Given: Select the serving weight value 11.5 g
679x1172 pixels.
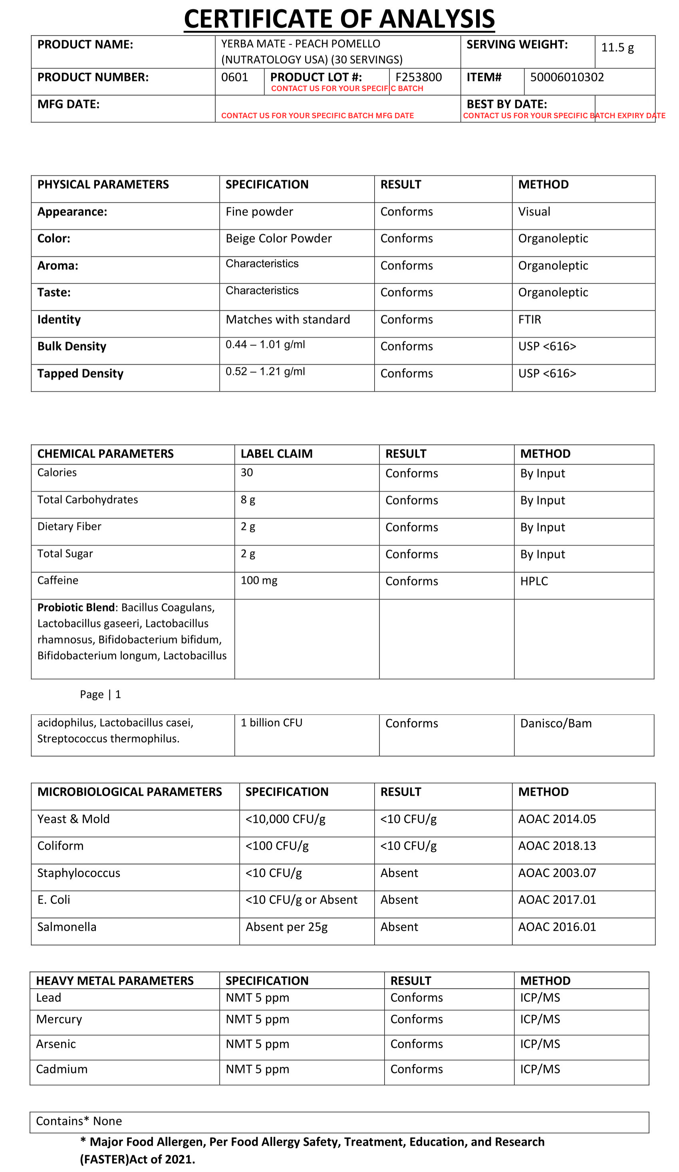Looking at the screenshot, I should click(617, 48).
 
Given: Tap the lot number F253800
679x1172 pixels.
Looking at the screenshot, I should click(419, 77).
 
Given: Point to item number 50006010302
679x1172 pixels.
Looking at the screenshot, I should click(567, 77).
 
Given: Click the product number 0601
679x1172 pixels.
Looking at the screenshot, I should click(234, 77).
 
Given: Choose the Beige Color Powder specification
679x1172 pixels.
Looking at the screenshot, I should click(278, 238).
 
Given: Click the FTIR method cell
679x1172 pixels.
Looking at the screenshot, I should click(530, 320).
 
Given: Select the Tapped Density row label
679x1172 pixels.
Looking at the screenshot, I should click(80, 373).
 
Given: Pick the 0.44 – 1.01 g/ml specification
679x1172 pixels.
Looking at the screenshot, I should click(265, 345).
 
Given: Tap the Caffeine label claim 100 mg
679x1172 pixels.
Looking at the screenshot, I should click(258, 580).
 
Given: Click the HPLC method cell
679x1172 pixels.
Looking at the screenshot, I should click(534, 581).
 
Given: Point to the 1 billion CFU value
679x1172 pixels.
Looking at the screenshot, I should click(271, 723).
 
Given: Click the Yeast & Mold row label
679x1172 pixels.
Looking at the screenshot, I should click(73, 819).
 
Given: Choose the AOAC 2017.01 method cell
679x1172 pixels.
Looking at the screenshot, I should click(557, 900).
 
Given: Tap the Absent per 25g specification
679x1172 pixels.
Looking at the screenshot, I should click(286, 927).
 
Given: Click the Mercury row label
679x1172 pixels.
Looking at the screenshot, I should click(59, 1019).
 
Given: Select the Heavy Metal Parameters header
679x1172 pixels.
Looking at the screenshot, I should click(115, 981).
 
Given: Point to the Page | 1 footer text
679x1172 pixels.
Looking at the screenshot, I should click(101, 694).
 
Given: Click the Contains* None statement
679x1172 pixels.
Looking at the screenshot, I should click(79, 1121).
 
